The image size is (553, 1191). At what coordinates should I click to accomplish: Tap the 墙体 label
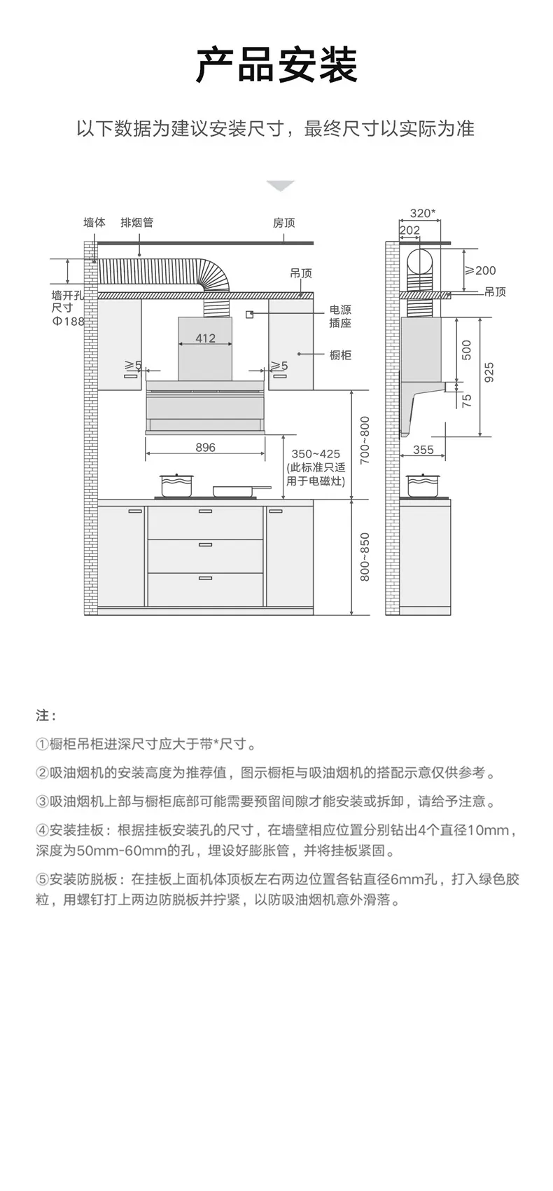(x=94, y=223)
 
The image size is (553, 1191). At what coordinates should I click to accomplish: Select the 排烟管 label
(x=136, y=223)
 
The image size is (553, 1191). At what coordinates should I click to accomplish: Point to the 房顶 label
(x=283, y=223)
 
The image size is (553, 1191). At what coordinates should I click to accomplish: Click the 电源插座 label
(x=340, y=316)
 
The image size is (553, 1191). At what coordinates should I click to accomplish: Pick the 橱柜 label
(x=340, y=355)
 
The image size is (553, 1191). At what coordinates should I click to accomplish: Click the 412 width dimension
(x=205, y=338)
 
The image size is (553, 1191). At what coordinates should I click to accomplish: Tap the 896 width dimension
(x=205, y=448)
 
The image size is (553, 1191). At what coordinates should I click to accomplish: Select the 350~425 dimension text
(x=315, y=454)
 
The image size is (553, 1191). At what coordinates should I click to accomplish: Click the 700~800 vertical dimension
(x=365, y=440)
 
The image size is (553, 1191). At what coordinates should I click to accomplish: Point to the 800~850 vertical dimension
(x=365, y=557)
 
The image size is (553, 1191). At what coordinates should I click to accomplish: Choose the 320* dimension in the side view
(x=422, y=213)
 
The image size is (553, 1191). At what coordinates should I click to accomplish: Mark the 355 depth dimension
(x=423, y=450)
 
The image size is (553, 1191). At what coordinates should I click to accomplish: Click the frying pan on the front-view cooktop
(x=238, y=490)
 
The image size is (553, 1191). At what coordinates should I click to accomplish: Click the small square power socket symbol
(x=250, y=315)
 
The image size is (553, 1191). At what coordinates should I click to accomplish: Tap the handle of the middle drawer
(x=205, y=544)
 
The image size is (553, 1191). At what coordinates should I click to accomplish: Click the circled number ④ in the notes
(x=42, y=831)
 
